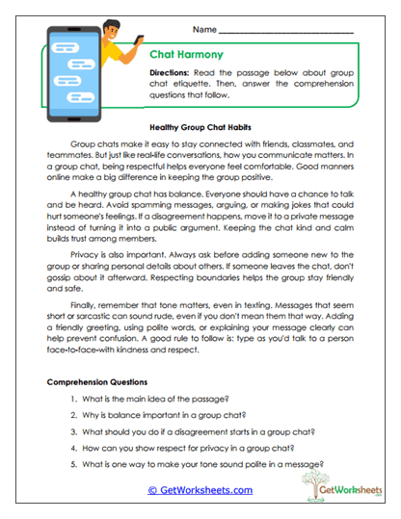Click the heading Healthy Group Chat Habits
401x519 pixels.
200,126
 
